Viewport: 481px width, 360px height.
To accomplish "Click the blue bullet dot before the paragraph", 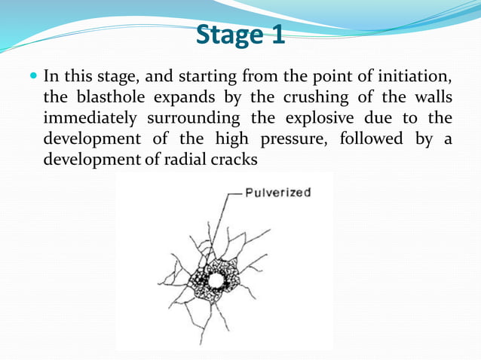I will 34,78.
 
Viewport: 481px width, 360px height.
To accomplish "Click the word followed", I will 372,139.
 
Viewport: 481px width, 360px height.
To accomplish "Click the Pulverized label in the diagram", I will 278,193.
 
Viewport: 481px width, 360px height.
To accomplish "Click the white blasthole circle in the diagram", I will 216,280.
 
